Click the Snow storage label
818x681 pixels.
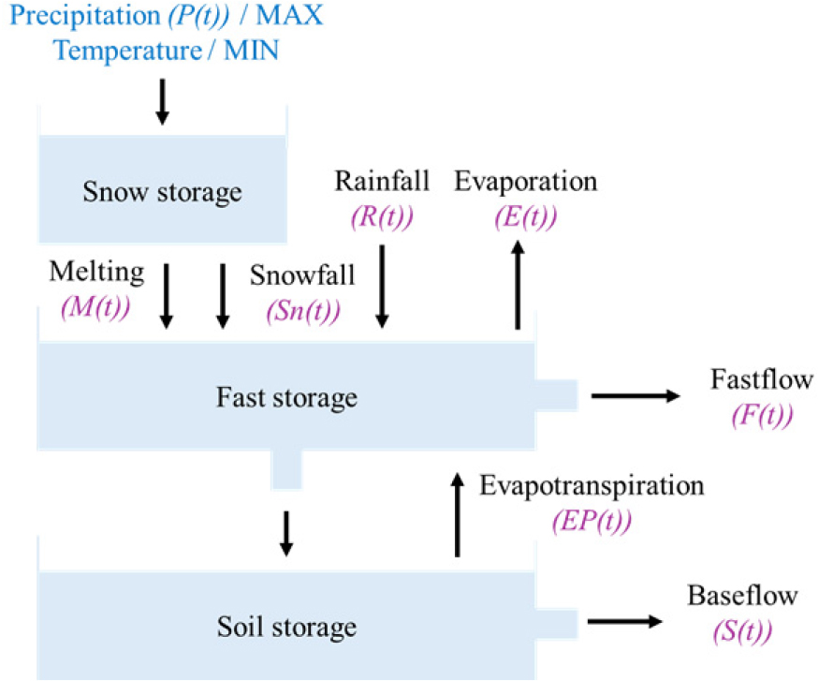[x=162, y=193]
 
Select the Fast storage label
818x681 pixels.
[x=286, y=397]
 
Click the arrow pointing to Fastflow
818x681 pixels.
[x=635, y=396]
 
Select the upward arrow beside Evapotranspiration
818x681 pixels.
[x=458, y=514]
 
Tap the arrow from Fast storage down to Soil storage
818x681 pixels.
[x=287, y=533]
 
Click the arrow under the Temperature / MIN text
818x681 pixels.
[x=162, y=101]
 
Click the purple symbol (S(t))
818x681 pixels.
[x=742, y=629]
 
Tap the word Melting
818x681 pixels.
[x=97, y=273]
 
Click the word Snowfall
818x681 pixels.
[x=302, y=275]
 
